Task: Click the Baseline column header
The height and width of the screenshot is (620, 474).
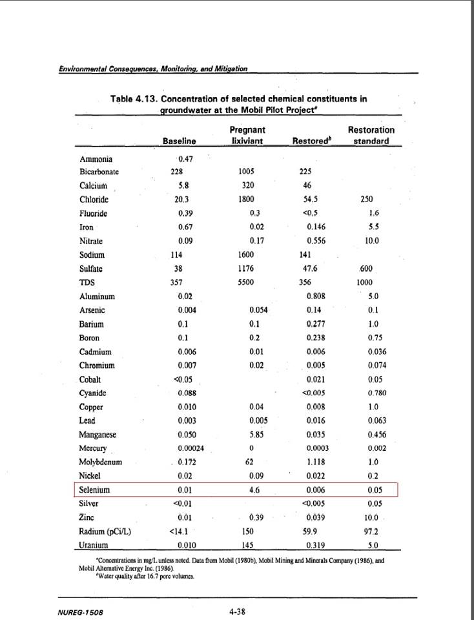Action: click(179, 141)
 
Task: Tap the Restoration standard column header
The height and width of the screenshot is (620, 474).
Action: click(371, 135)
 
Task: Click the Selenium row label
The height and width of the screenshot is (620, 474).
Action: click(94, 490)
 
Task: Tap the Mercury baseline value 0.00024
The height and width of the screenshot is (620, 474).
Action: click(191, 448)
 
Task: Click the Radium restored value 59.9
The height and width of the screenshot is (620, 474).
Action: click(311, 532)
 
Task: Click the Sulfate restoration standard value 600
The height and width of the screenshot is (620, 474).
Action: click(365, 269)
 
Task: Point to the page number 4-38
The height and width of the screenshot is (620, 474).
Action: click(236, 611)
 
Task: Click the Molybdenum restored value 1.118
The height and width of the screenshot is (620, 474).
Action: click(315, 462)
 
